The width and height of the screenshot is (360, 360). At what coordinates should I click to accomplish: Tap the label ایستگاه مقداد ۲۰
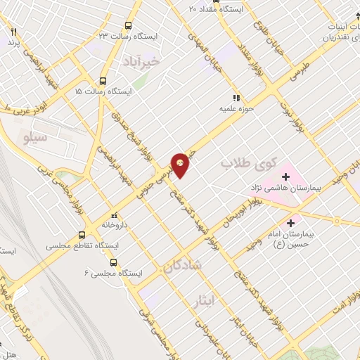[x=217, y=9]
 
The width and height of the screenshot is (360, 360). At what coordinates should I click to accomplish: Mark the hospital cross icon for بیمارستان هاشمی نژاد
[x=285, y=176]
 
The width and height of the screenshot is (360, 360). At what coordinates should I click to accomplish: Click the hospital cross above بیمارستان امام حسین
[x=290, y=223]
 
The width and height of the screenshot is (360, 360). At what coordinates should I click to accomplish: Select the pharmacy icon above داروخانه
[x=114, y=216]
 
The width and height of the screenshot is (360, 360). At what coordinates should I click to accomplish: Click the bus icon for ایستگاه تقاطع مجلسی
[x=82, y=236]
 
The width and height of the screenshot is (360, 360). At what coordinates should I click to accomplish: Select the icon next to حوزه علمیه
[x=236, y=98]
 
